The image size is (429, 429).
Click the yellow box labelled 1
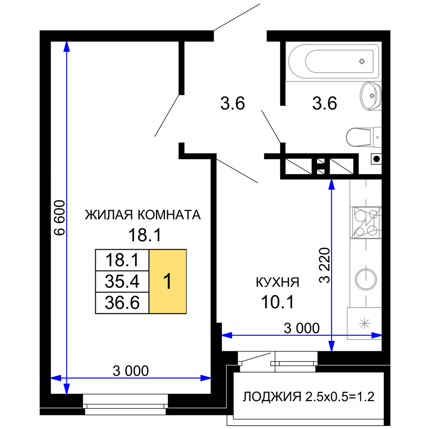[x=167, y=281]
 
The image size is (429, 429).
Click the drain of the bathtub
[x=362, y=61]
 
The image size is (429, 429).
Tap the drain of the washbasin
[x=372, y=96]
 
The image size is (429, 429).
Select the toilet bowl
[x=358, y=137]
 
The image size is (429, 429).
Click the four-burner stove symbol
[x=366, y=223]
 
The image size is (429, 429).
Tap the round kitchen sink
[x=366, y=279]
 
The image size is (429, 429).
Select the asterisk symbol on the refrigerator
[x=364, y=323]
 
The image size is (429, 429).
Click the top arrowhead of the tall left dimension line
[x=66, y=46]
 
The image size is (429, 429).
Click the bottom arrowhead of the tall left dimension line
[x=66, y=389]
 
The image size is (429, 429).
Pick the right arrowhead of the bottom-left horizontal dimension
[x=206, y=378]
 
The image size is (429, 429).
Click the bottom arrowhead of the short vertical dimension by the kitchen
[x=332, y=346]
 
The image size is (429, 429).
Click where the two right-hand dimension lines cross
[x=332, y=335]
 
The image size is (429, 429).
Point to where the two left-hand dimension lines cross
[x=66, y=378]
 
